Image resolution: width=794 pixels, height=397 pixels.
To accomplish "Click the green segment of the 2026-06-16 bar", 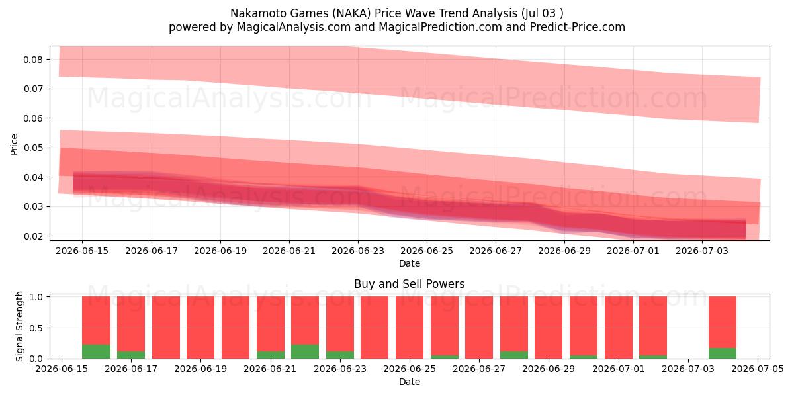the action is pyautogui.click(x=96, y=351).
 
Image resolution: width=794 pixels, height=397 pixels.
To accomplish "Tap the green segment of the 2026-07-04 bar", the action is pyautogui.click(x=723, y=353).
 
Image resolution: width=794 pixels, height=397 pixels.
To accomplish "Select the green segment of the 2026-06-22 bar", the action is pyautogui.click(x=305, y=351).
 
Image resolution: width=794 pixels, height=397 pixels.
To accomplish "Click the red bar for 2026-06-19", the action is pyautogui.click(x=200, y=328).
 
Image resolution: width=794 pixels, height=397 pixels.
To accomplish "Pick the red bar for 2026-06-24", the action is pyautogui.click(x=375, y=328).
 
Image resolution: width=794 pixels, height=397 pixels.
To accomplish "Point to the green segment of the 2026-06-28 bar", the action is pyautogui.click(x=514, y=355).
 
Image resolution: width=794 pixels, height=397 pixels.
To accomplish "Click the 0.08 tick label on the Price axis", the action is pyautogui.click(x=33, y=60).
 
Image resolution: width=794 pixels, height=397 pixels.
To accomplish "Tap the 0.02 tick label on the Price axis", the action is pyautogui.click(x=33, y=236).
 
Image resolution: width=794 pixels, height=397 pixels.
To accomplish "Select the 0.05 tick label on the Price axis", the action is pyautogui.click(x=33, y=148).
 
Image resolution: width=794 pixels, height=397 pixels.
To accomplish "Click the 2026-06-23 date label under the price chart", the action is pyautogui.click(x=358, y=251).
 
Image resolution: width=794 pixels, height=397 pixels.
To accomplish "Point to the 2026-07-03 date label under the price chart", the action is pyautogui.click(x=702, y=251).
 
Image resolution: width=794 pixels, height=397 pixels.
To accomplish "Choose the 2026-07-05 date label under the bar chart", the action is pyautogui.click(x=758, y=369).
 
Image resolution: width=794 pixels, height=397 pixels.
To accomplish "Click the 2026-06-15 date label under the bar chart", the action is pyautogui.click(x=62, y=369).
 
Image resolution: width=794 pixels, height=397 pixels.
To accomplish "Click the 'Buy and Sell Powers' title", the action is pyautogui.click(x=410, y=284).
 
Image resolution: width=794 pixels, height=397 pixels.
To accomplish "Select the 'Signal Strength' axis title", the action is pyautogui.click(x=19, y=326).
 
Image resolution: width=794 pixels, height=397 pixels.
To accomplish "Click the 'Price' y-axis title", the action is pyautogui.click(x=14, y=145).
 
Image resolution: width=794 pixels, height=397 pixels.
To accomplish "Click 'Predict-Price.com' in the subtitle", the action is pyautogui.click(x=578, y=27).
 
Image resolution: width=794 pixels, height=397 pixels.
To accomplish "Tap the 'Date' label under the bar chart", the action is pyautogui.click(x=410, y=382).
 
